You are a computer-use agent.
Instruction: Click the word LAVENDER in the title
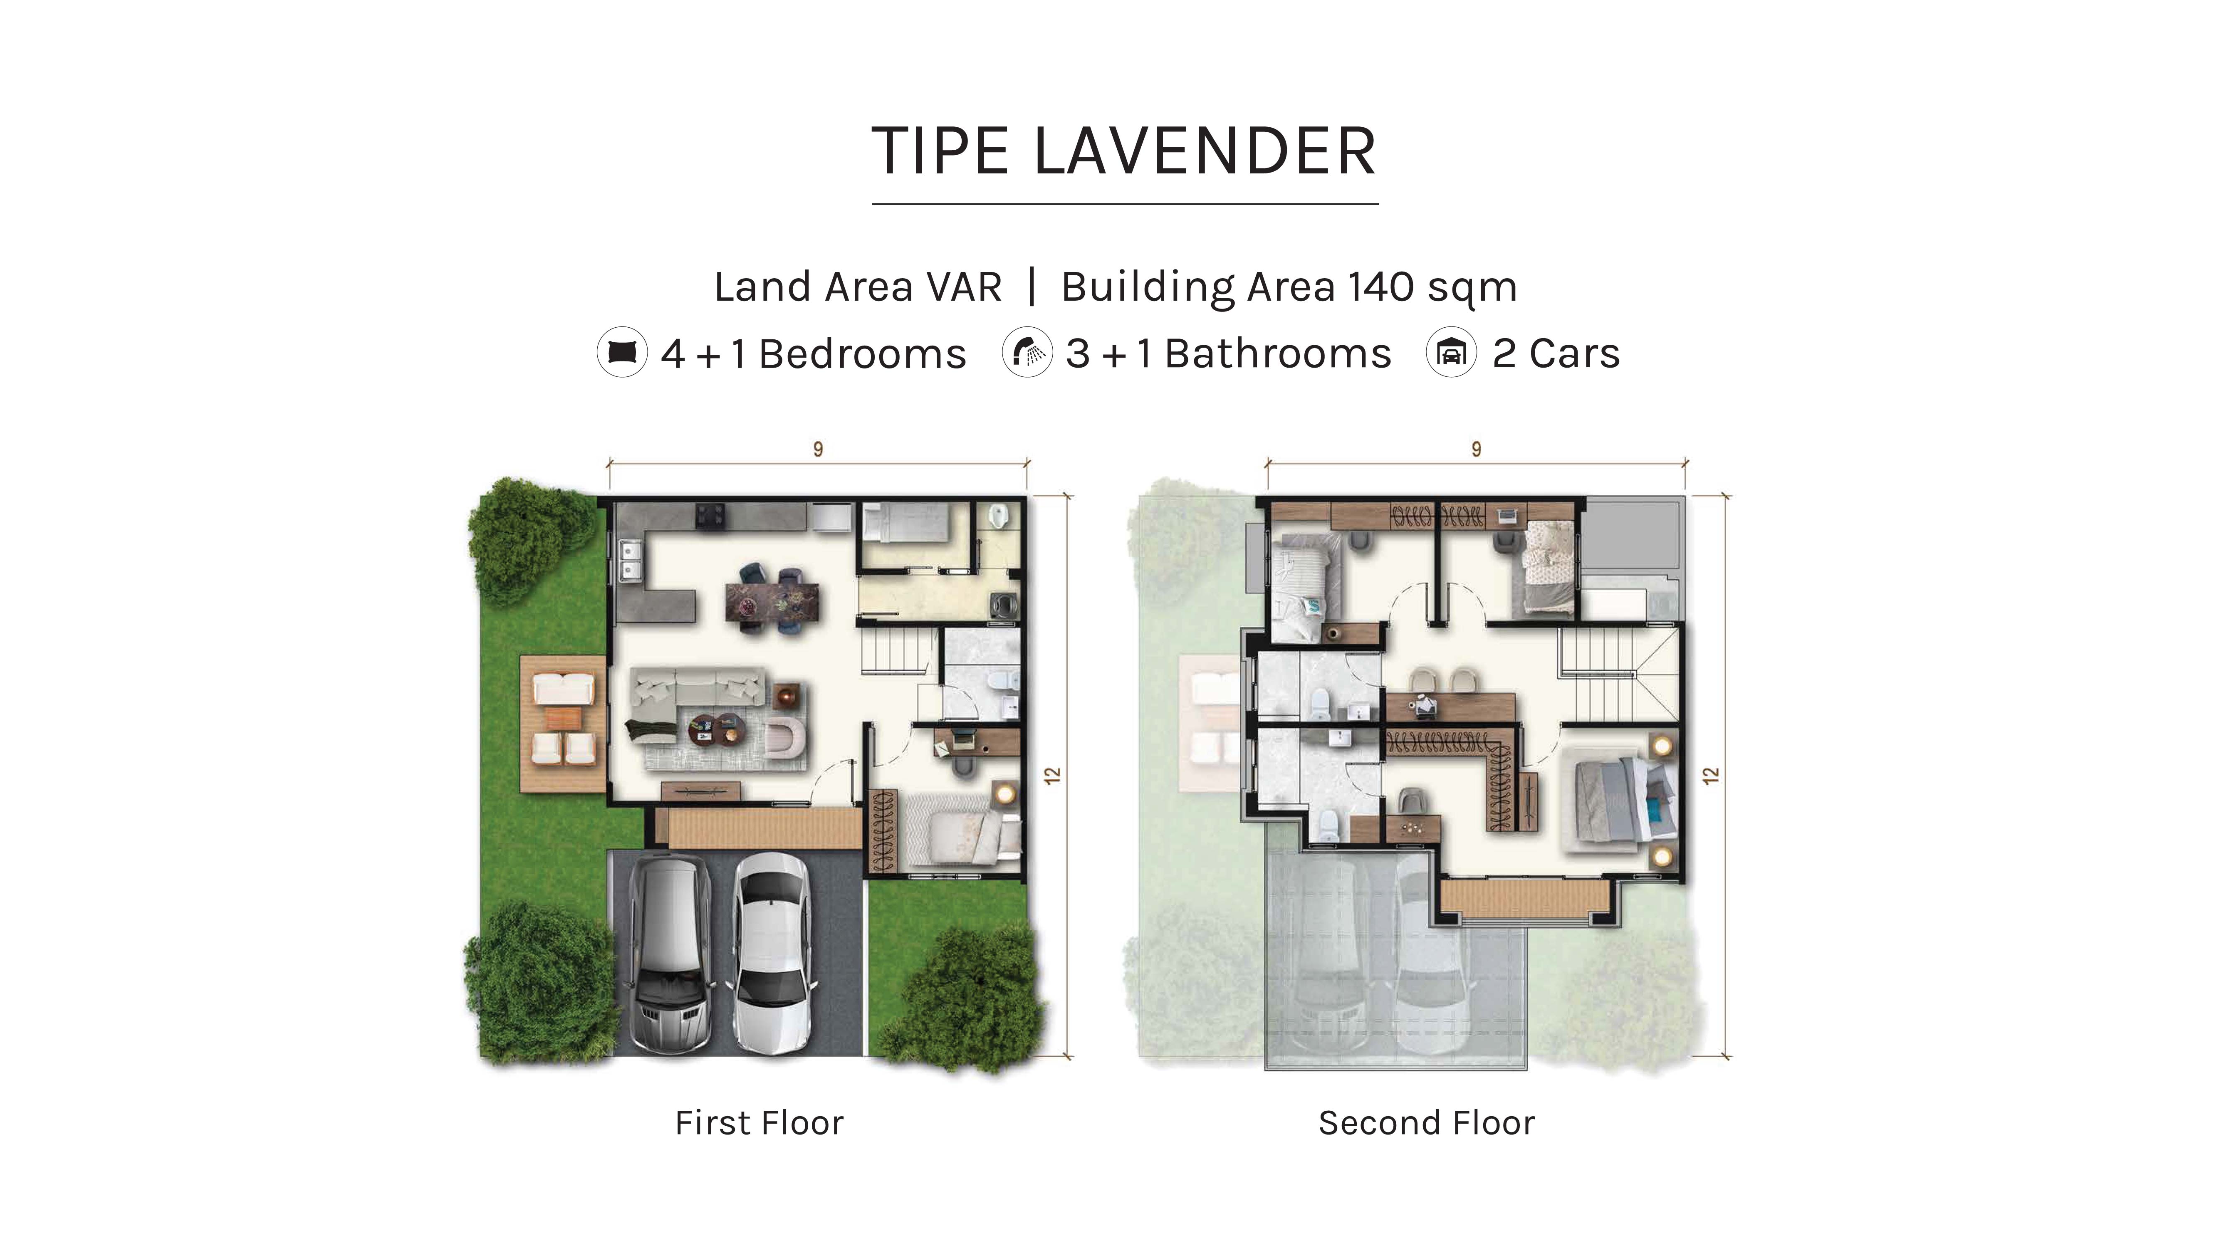1204,152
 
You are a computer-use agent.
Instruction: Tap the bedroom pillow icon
622,352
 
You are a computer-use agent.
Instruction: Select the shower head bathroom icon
1027,352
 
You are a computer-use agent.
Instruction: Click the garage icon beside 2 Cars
1452,352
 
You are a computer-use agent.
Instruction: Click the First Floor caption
759,1123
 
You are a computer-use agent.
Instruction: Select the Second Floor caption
1427,1123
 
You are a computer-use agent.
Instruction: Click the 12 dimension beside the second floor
1711,775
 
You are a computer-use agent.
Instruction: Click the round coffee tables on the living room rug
717,729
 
